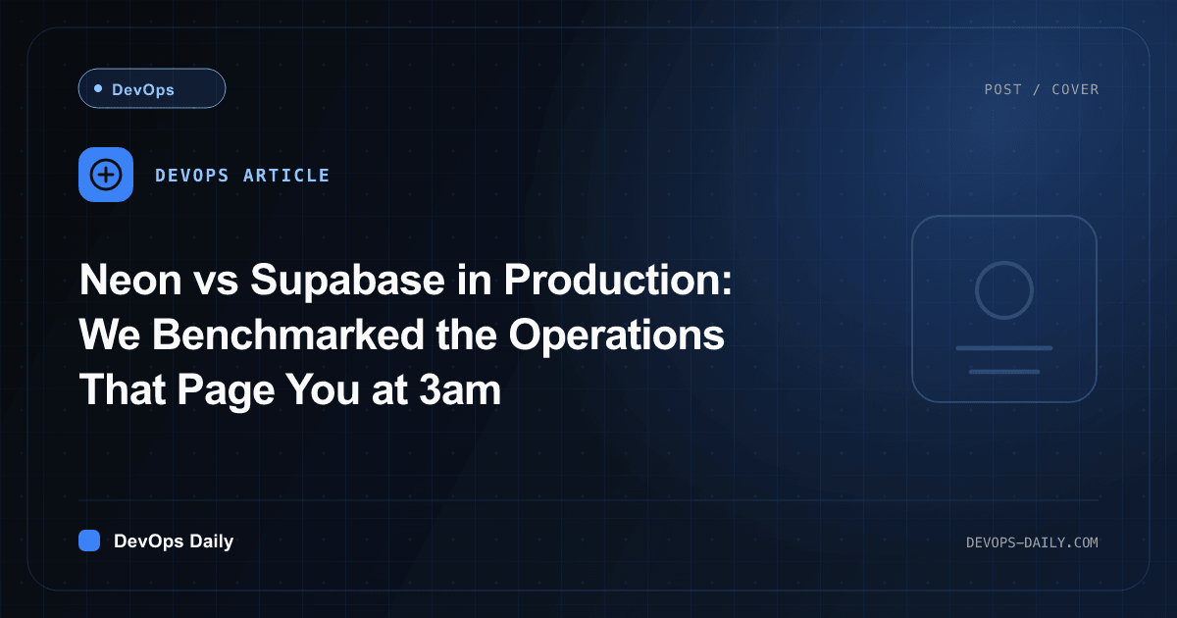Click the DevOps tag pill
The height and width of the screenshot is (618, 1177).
(152, 88)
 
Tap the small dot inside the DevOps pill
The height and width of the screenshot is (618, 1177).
(98, 88)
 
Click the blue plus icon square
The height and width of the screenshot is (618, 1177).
(106, 175)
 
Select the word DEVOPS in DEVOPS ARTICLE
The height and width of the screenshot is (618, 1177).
(192, 175)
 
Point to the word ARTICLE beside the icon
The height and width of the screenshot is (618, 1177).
(286, 175)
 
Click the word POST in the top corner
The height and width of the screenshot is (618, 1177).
(1003, 89)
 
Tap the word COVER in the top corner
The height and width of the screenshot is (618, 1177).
(1075, 89)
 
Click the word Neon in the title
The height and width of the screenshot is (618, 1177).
(130, 280)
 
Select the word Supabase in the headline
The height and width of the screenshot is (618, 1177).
(347, 281)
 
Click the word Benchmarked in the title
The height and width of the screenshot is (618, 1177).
(288, 335)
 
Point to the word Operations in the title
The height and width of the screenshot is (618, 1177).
(616, 335)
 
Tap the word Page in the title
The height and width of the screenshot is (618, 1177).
(226, 391)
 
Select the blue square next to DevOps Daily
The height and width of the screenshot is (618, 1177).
(89, 541)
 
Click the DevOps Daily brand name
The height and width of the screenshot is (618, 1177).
(174, 541)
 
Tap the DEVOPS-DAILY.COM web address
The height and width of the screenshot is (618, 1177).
(1032, 542)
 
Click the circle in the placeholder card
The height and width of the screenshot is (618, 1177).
(1004, 262)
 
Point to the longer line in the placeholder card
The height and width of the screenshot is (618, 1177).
(1004, 348)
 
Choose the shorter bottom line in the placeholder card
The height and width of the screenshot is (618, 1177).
(1004, 372)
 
